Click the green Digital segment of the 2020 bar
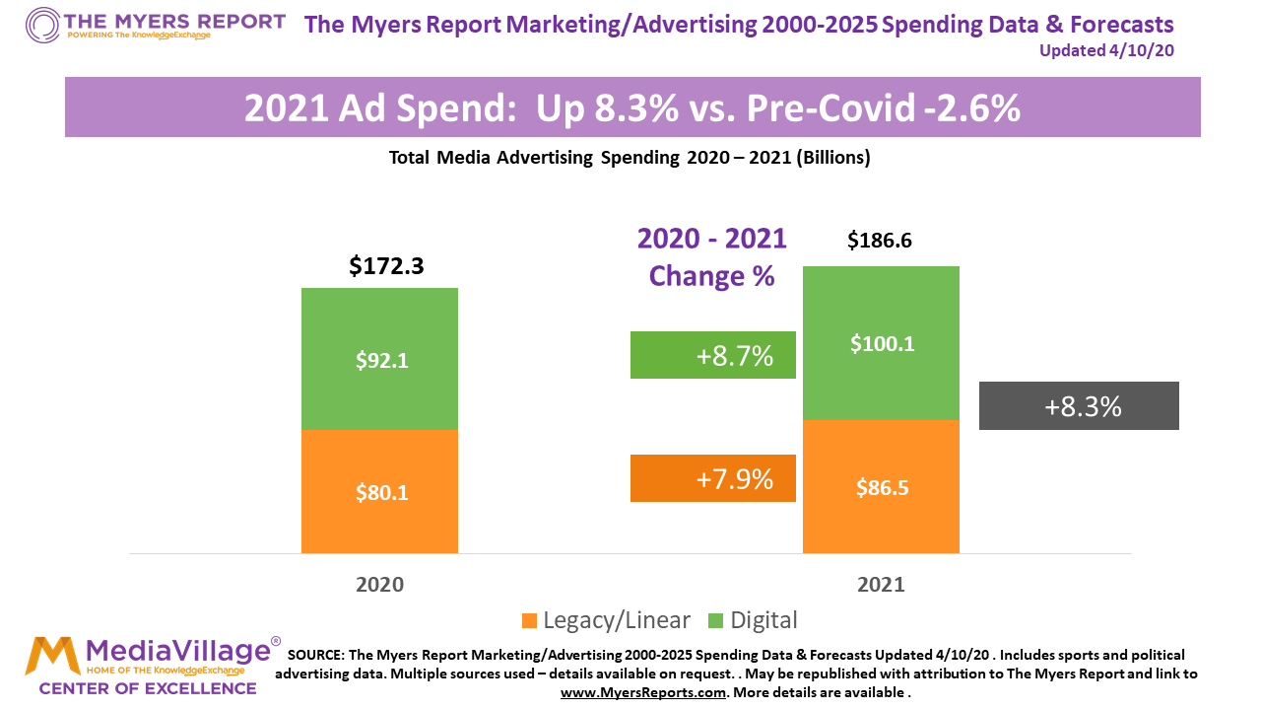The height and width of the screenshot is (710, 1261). pos(379,359)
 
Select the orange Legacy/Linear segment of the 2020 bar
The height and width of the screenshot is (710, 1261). pos(379,491)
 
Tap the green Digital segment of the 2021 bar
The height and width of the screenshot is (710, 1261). pos(881,343)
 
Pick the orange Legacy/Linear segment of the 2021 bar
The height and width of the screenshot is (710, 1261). pos(881,486)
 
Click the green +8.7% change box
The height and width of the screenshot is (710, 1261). pos(712,355)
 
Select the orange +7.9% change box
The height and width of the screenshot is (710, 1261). pos(712,478)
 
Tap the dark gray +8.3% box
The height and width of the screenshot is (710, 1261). pos(1079,405)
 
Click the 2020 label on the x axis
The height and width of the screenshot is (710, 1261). pos(379,584)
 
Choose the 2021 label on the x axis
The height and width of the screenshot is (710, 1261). pos(881,584)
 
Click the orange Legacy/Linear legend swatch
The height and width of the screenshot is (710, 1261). pos(529,620)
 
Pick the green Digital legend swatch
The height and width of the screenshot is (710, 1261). pos(715,620)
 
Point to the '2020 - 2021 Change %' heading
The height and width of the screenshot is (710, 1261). pos(711,256)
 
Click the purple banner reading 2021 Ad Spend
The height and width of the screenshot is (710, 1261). pos(631,107)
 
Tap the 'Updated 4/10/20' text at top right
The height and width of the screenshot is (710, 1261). pos(1106,50)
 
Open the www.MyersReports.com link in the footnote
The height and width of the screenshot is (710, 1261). pos(644,692)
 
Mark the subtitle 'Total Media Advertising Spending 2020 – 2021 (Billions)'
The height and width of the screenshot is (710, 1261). pos(630,157)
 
